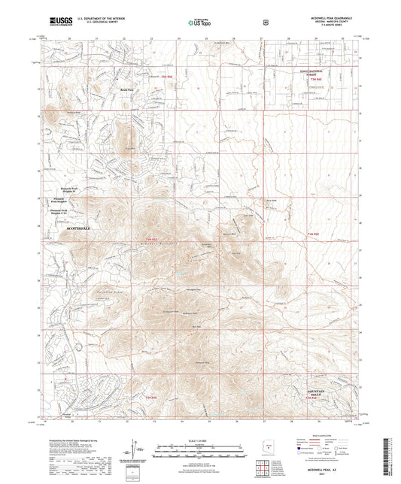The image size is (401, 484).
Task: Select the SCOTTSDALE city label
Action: coord(81,226)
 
